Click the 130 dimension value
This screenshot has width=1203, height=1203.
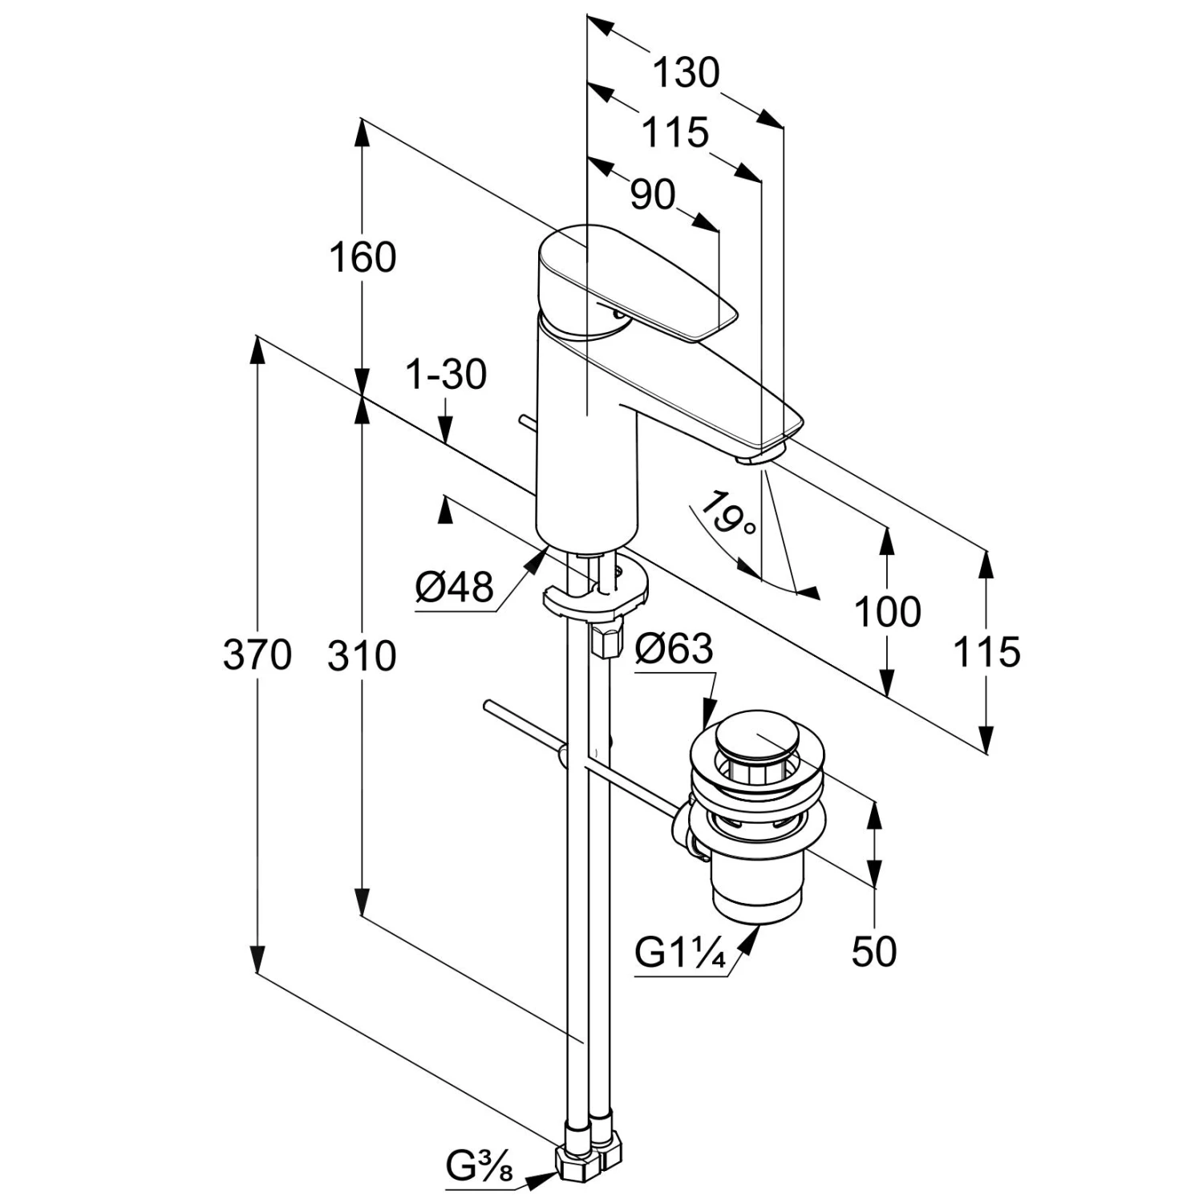686,73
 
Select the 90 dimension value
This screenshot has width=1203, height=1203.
653,195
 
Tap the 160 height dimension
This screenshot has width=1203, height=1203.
363,258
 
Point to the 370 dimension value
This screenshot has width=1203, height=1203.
257,655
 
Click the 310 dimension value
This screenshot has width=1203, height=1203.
362,656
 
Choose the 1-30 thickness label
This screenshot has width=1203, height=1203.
447,375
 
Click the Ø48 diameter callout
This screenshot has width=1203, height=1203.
454,588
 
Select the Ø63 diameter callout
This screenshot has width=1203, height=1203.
674,648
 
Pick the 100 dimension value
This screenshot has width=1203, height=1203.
887,613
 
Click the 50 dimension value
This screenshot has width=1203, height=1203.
874,952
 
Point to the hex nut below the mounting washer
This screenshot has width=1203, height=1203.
606,640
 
